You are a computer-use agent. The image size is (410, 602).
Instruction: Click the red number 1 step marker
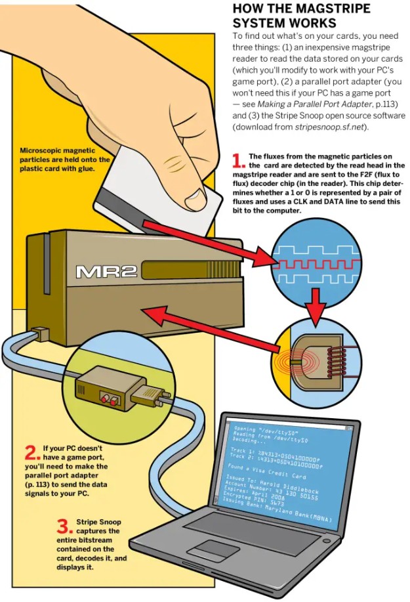tap(239, 159)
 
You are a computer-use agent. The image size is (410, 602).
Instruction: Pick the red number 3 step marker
tap(63, 525)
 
